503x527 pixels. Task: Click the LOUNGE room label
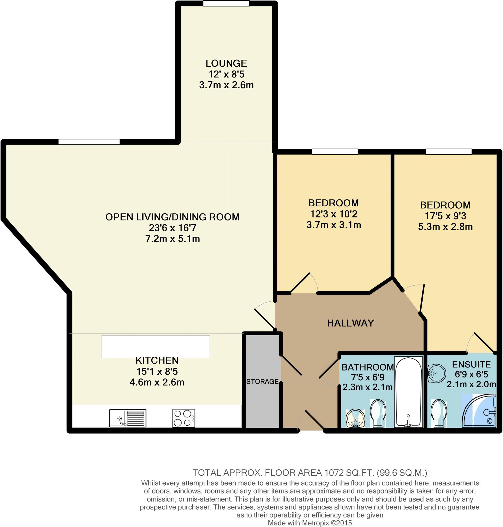(226, 63)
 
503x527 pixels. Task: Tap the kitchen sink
(128, 418)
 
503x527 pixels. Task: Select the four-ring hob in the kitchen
(184, 418)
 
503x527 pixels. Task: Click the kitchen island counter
(155, 346)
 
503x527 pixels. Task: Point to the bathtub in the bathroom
(408, 392)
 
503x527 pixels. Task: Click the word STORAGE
(262, 381)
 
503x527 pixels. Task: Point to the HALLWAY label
(350, 323)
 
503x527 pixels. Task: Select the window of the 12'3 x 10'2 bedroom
(335, 152)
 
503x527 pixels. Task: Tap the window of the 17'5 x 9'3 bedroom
(448, 152)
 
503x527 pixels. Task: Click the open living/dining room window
(89, 142)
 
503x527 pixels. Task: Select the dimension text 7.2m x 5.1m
(172, 239)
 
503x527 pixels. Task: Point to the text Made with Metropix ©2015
(310, 523)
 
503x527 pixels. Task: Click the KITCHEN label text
(157, 360)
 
